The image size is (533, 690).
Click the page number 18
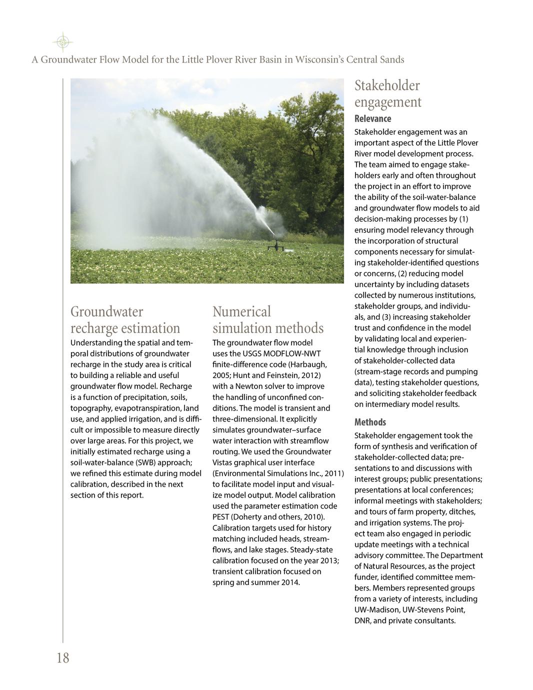63,658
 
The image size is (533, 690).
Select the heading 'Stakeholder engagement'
388,94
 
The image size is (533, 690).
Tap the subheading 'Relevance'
372,118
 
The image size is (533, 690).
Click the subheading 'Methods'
370,422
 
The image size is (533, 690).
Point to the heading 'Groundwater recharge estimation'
125,320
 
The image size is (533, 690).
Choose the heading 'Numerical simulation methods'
268,320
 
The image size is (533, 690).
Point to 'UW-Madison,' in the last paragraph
376,610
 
